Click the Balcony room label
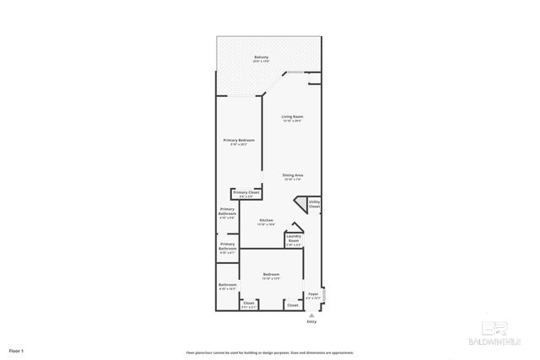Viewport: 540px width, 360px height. (x=262, y=57)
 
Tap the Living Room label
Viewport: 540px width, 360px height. (x=293, y=116)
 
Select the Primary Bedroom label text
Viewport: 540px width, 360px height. (x=239, y=140)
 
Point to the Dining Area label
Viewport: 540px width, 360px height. (x=293, y=175)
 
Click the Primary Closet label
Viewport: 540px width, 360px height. (x=246, y=193)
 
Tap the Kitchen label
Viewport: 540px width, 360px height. (x=266, y=220)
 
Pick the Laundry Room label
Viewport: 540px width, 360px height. (x=294, y=239)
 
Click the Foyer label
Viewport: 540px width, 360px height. (x=313, y=294)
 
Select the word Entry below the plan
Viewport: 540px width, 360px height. (x=311, y=321)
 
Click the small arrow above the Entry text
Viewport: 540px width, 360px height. (x=311, y=314)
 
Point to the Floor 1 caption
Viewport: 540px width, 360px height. (x=16, y=350)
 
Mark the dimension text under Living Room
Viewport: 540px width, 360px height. (x=293, y=121)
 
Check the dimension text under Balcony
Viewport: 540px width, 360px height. (x=262, y=62)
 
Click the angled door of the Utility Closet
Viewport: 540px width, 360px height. (x=300, y=202)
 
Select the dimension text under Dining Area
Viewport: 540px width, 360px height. (x=293, y=180)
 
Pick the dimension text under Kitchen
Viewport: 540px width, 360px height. (x=266, y=225)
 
